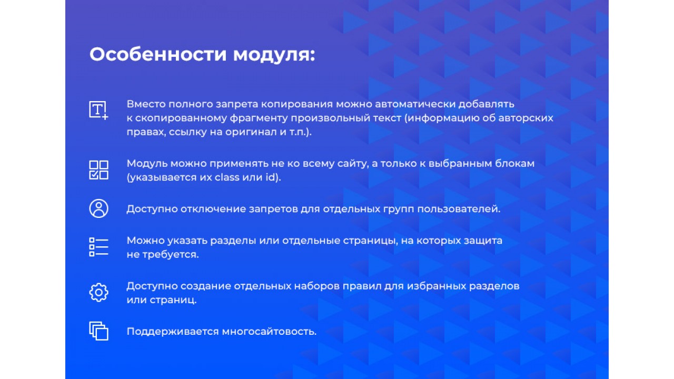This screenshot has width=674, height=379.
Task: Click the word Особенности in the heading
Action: click(x=158, y=54)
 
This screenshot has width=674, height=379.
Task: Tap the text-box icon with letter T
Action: click(x=98, y=111)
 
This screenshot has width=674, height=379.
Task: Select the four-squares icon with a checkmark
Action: click(x=98, y=170)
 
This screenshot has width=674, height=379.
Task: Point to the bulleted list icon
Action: click(x=98, y=247)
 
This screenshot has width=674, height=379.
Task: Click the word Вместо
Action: click(x=146, y=104)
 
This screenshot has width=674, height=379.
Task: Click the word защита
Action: click(x=483, y=241)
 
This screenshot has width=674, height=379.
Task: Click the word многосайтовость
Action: click(x=269, y=332)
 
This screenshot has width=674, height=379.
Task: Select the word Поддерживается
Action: click(x=173, y=332)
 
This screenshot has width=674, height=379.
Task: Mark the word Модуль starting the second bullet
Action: click(x=147, y=164)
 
